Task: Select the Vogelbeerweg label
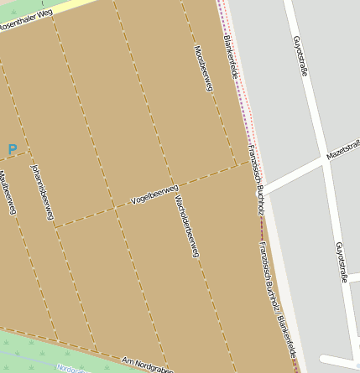(154, 195)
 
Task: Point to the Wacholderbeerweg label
(185, 227)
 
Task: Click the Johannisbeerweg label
(42, 192)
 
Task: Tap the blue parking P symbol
(12, 150)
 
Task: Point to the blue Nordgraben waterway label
(72, 370)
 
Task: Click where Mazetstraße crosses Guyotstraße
(324, 157)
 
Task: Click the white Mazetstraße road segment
(290, 174)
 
